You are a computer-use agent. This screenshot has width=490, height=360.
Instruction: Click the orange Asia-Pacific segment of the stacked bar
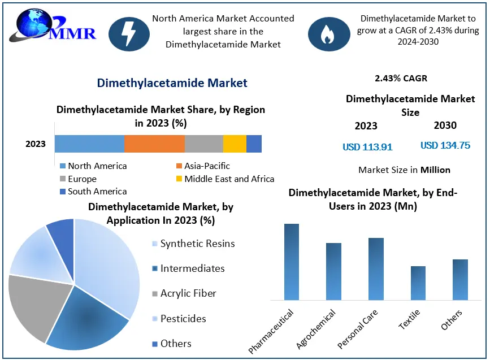[x=154, y=144]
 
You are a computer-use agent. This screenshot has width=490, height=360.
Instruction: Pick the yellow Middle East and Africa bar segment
[x=235, y=144]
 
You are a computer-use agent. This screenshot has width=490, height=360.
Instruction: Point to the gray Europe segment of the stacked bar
[x=204, y=144]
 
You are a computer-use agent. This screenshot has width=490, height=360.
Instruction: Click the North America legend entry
[x=93, y=166]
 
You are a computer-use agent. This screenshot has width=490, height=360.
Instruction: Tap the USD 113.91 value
[x=367, y=147]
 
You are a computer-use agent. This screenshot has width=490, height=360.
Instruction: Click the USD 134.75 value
[x=445, y=145]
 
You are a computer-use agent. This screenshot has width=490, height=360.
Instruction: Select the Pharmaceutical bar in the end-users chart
[x=292, y=262]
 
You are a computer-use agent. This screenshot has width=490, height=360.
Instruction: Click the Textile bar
[x=418, y=283]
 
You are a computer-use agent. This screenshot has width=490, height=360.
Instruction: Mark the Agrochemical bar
[x=334, y=271]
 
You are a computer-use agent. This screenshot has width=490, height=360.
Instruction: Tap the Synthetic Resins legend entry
[x=192, y=244]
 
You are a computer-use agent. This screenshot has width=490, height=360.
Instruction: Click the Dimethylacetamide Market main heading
[x=172, y=83]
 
